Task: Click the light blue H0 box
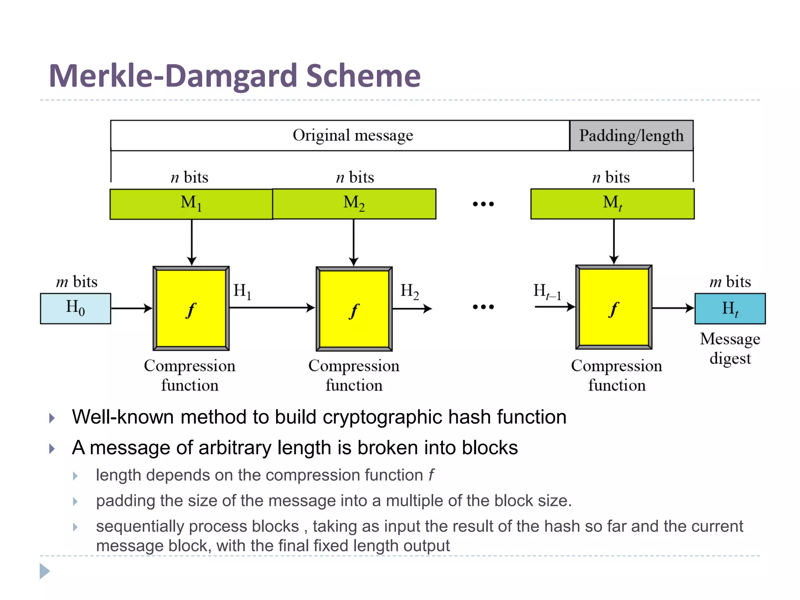click(x=75, y=308)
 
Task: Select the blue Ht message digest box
click(x=730, y=309)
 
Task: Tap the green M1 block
click(x=191, y=204)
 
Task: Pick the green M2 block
click(x=354, y=204)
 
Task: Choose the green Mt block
click(x=612, y=204)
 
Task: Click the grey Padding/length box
click(x=631, y=136)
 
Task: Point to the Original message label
click(x=353, y=136)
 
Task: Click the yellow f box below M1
click(x=191, y=309)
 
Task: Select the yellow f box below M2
click(x=354, y=309)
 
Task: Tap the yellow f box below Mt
click(x=614, y=307)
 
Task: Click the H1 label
click(x=242, y=291)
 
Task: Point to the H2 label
click(x=409, y=291)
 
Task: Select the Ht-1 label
click(x=547, y=291)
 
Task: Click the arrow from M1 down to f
click(x=191, y=242)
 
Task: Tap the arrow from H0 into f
click(x=131, y=308)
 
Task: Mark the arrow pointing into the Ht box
click(x=673, y=308)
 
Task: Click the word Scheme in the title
click(x=363, y=76)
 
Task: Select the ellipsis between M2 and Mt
click(x=483, y=204)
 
